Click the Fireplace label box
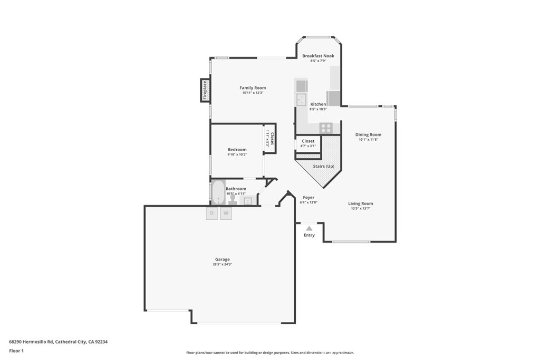point(205,90)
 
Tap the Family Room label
point(253,88)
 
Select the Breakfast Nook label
point(318,56)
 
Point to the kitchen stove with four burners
point(326,128)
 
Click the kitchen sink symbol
point(302,100)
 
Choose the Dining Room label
point(368,135)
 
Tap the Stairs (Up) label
point(324,167)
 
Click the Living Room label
point(360,203)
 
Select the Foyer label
point(308,198)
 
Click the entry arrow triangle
point(309,228)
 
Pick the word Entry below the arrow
point(309,235)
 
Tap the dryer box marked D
point(212,213)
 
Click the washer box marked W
point(226,213)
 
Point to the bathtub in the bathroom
point(218,192)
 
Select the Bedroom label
point(237,150)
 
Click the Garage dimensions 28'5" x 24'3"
point(222,264)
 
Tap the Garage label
point(222,259)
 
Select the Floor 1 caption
point(16,351)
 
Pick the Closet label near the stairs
point(308,141)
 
